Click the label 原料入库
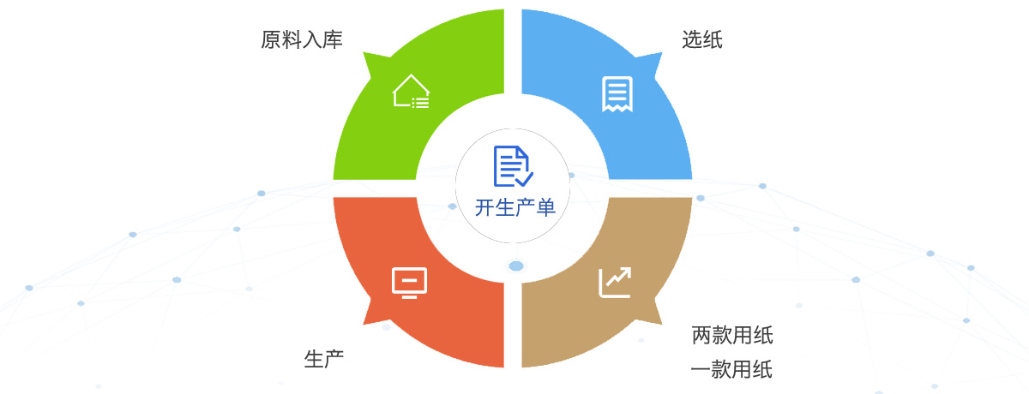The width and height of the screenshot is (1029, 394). (302, 40)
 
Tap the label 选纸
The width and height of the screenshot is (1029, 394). (702, 40)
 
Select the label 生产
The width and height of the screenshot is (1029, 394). (324, 359)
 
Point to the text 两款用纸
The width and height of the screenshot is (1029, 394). (732, 335)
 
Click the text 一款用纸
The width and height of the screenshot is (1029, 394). (732, 370)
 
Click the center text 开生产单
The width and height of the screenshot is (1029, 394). (515, 206)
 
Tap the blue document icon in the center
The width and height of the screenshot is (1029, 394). (513, 166)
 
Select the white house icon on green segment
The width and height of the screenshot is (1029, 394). (411, 91)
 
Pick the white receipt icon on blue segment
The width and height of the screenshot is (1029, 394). (617, 94)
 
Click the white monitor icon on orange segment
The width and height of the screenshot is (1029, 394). (409, 283)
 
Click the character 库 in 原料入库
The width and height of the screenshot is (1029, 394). (333, 40)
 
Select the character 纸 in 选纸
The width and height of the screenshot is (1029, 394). (713, 40)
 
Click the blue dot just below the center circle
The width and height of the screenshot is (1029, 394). (516, 266)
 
